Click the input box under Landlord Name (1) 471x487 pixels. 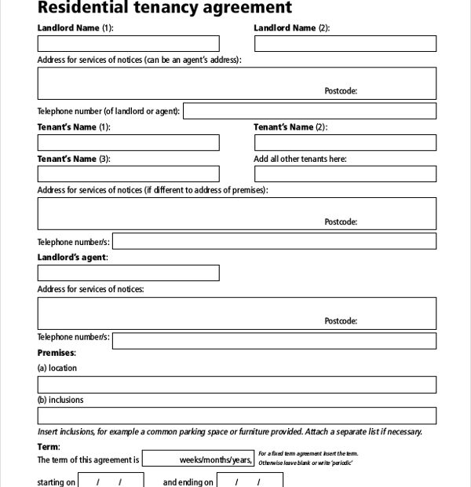tap(129, 43)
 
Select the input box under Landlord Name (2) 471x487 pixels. tap(345, 43)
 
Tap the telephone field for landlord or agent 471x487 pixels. tap(309, 111)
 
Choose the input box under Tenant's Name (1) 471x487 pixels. tap(129, 142)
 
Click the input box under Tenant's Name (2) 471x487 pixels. tap(345, 142)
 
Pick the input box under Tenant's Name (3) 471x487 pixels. tap(129, 174)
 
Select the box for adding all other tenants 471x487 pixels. tap(345, 174)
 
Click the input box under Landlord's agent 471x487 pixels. tap(129, 273)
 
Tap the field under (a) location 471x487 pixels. tap(237, 384)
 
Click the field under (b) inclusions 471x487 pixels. tap(237, 416)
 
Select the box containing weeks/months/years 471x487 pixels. tap(199, 460)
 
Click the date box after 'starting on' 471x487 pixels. tap(111, 481)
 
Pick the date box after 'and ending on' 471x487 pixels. tap(250, 481)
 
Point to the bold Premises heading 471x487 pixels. tap(57, 353)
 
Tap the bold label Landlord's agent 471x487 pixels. tap(73, 257)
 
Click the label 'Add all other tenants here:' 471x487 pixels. tap(300, 159)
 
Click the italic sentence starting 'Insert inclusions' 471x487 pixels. tap(229, 431)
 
